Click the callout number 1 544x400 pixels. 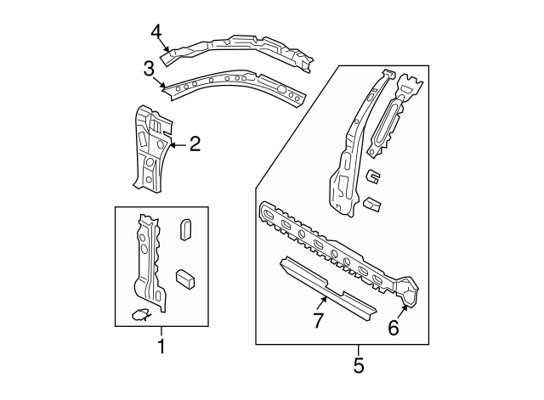pyautogui.click(x=161, y=346)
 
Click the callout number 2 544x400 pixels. pyautogui.click(x=195, y=144)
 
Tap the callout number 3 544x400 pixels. pyautogui.click(x=149, y=68)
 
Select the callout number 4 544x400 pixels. pyautogui.click(x=156, y=32)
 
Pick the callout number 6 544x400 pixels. pyautogui.click(x=393, y=327)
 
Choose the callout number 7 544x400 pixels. pyautogui.click(x=318, y=321)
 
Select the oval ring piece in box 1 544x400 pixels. pyautogui.click(x=187, y=230)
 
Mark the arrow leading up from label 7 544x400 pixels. pyautogui.click(x=323, y=299)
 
